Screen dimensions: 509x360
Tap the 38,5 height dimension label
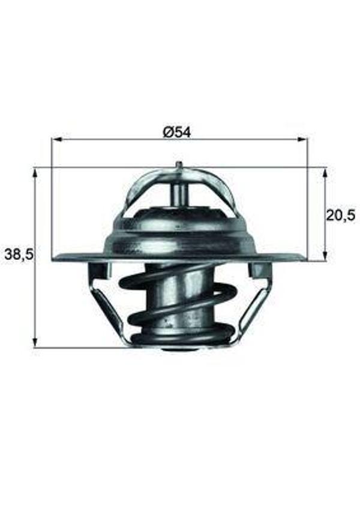click(x=19, y=255)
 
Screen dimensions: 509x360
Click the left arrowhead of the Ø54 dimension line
click(x=56, y=140)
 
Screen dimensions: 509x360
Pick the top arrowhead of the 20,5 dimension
click(x=325, y=172)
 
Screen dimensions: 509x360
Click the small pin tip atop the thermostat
click(x=179, y=164)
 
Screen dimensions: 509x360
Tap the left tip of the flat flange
click(x=55, y=259)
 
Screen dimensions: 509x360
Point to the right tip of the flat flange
click(x=304, y=259)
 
